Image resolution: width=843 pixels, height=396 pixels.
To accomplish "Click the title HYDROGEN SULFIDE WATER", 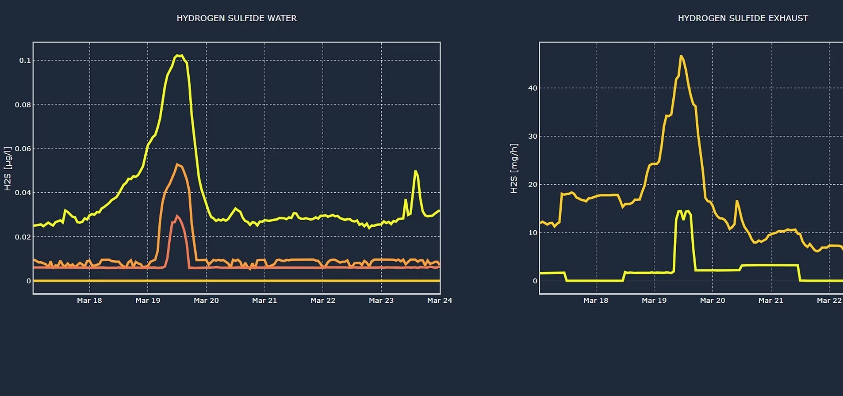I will (x=237, y=18).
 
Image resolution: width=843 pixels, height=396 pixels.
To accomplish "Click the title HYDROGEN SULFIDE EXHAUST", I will (x=743, y=18).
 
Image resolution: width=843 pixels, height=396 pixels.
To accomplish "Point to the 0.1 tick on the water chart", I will (x=25, y=61).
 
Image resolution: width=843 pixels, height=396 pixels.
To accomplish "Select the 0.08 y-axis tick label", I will (x=23, y=105).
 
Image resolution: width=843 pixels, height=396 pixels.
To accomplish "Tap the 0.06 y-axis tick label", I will (x=23, y=149).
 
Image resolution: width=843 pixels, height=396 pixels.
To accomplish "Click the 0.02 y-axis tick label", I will (x=23, y=237).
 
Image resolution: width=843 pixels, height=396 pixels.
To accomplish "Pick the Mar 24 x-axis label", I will (x=439, y=301).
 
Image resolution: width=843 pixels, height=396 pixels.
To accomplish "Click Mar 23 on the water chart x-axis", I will (x=381, y=301).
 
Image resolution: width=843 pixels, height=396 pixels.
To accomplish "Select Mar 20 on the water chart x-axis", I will (x=206, y=301).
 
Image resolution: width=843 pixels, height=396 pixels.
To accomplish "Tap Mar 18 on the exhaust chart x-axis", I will (x=595, y=301).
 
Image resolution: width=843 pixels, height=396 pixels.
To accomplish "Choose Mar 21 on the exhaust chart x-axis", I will (x=770, y=301).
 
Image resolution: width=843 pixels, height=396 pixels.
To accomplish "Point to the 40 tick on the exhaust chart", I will (x=533, y=88).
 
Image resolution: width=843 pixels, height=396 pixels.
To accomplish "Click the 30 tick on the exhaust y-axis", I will (x=533, y=136).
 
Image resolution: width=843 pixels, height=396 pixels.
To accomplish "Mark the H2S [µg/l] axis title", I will (x=8, y=169).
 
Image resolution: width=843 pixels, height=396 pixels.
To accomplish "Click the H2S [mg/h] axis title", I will (x=513, y=168).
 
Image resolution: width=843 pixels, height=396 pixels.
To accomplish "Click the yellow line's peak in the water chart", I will (x=179, y=55).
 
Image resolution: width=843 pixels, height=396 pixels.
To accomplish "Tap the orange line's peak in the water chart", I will (x=177, y=164).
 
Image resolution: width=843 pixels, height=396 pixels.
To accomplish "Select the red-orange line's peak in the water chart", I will (x=177, y=216).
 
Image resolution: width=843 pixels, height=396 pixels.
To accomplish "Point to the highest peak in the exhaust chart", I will (x=681, y=56).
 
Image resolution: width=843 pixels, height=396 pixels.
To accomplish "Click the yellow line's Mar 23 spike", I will (x=415, y=171).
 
